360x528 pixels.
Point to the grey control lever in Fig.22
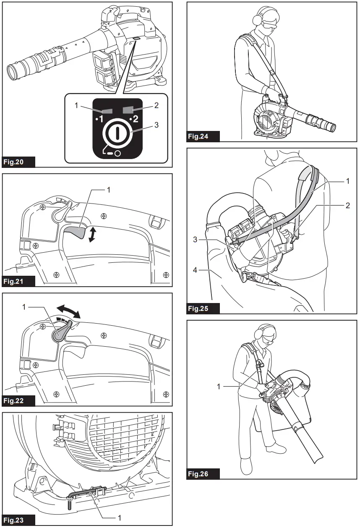tap(60, 332)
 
